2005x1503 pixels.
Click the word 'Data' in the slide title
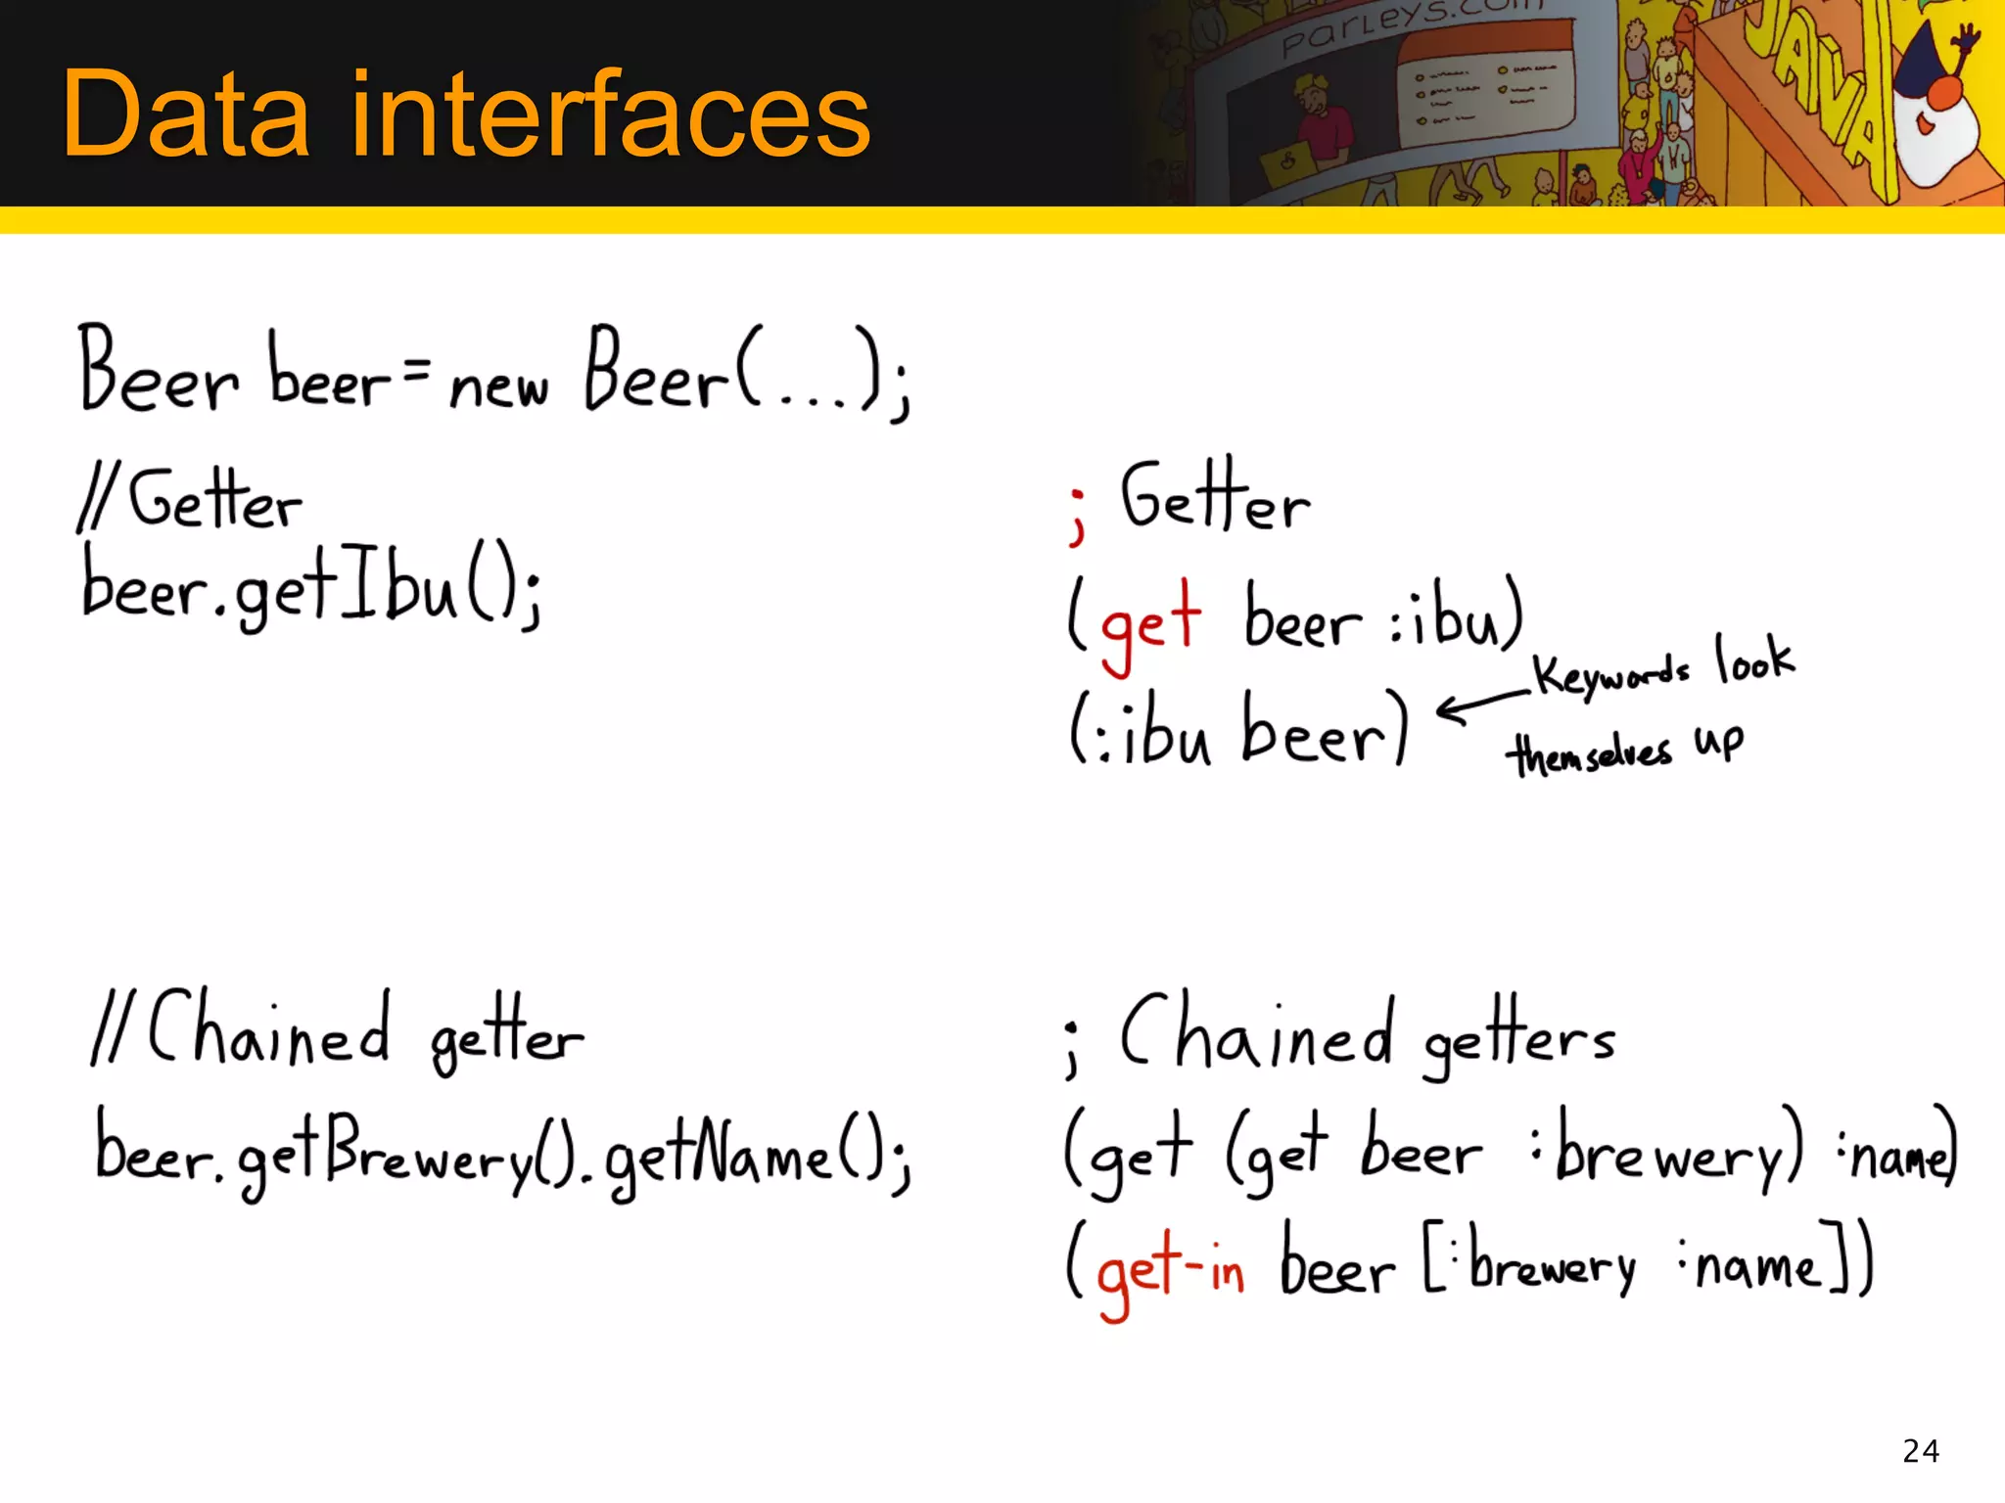pyautogui.click(x=186, y=114)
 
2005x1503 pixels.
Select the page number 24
pyautogui.click(x=1921, y=1450)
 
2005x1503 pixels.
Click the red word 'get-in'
pyautogui.click(x=1169, y=1270)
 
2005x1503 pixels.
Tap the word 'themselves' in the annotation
pyautogui.click(x=1588, y=753)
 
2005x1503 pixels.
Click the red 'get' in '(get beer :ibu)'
pyautogui.click(x=1150, y=622)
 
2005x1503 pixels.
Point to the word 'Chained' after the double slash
pyautogui.click(x=269, y=1032)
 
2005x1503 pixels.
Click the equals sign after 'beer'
pyautogui.click(x=416, y=369)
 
